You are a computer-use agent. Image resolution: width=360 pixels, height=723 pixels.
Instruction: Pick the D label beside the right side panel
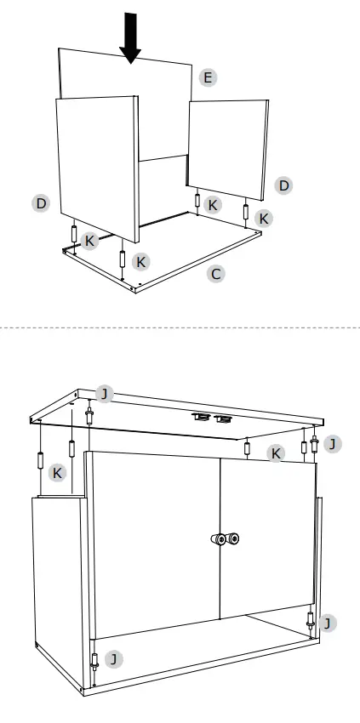pos(284,185)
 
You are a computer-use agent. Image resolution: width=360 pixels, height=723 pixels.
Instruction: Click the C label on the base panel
pos(217,274)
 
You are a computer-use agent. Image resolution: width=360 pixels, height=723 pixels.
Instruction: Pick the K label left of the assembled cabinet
pos(57,472)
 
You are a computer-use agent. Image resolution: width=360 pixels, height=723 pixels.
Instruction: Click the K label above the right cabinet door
pos(275,453)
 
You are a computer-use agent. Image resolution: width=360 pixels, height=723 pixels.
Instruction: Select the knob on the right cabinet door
pos(232,538)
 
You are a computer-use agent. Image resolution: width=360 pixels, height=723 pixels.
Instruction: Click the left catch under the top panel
pos(201,417)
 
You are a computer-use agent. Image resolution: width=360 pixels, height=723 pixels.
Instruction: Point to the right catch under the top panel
pos(223,417)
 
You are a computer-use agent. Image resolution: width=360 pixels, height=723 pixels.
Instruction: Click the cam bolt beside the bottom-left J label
pos(94,662)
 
